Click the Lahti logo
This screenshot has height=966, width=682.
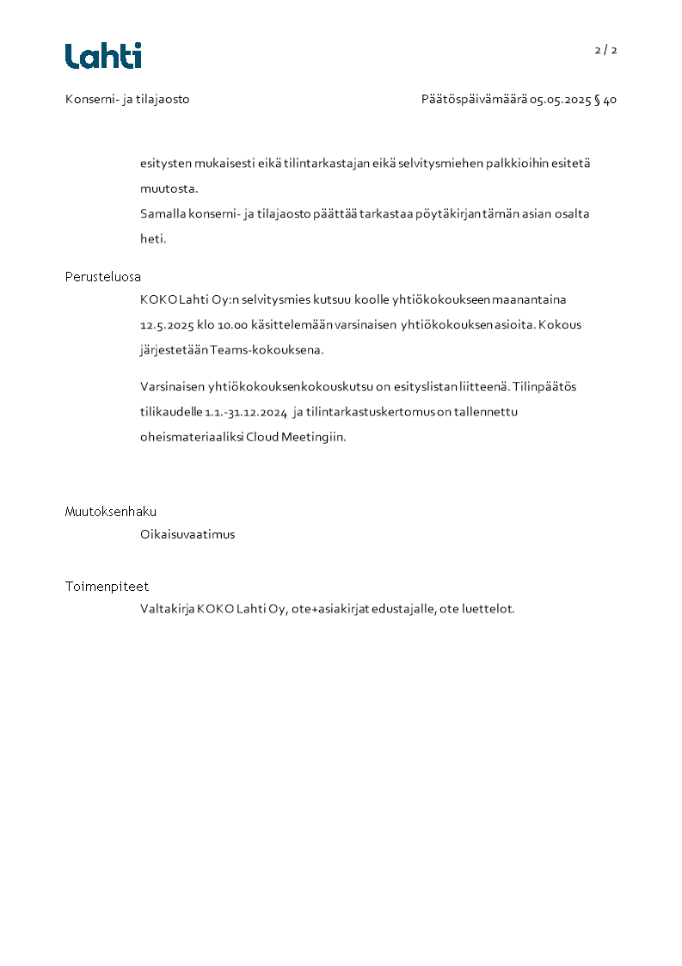pos(103,56)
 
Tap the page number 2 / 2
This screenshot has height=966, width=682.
pos(605,50)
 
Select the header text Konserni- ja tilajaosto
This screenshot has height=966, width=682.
pos(127,99)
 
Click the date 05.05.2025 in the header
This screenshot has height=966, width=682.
pos(560,100)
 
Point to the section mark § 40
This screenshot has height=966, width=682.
pos(605,100)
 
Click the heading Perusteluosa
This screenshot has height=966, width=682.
pos(102,277)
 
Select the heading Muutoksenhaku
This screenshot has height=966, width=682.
pos(110,512)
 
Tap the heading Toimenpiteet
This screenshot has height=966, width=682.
pos(107,587)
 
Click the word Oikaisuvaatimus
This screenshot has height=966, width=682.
pos(187,534)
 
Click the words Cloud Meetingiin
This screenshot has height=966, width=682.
pos(295,437)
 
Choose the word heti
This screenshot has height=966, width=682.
pos(153,239)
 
